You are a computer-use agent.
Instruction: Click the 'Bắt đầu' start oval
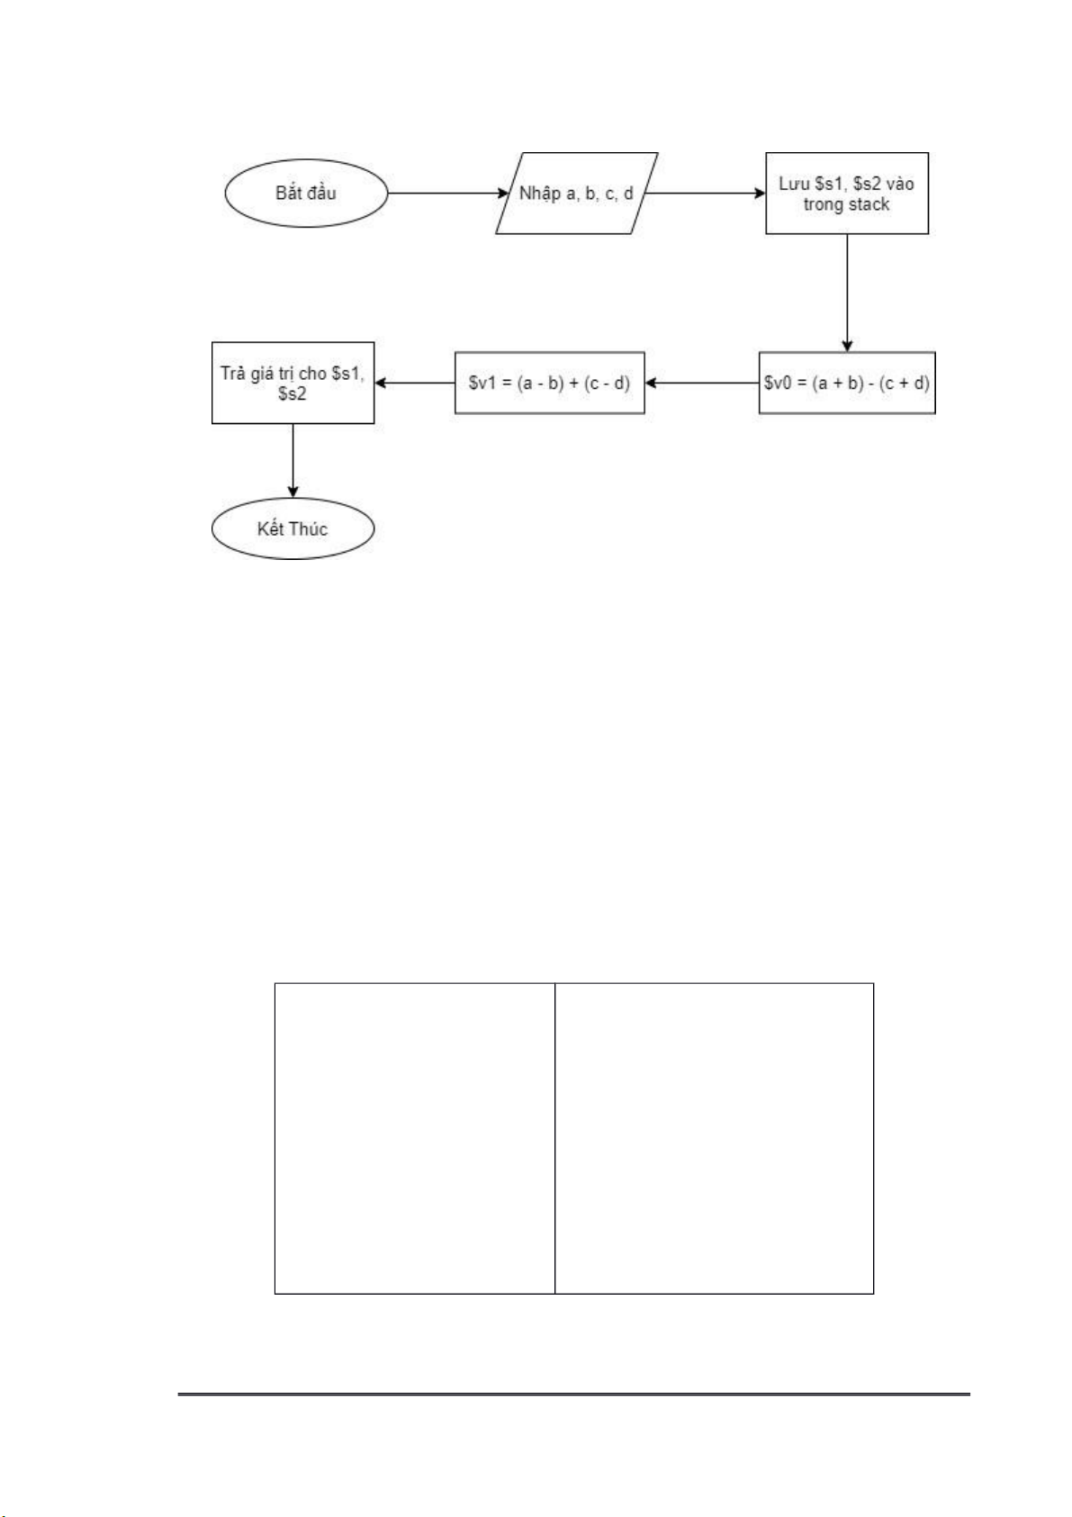pos(306,193)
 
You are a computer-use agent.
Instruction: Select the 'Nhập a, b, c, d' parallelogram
pos(576,193)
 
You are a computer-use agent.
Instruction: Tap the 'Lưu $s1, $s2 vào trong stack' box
pos(846,193)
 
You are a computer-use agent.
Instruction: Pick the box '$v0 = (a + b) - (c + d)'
pos(846,383)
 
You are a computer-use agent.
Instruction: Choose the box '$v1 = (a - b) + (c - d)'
pos(549,383)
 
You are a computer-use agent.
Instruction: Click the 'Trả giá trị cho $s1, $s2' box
pos(293,383)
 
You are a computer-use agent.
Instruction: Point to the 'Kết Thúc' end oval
pos(293,528)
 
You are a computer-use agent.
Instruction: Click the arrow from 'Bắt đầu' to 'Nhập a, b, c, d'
pos(447,193)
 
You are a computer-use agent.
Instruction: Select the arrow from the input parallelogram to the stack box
pos(704,193)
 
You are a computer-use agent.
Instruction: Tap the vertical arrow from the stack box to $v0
pos(846,293)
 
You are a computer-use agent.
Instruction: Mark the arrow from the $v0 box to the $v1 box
pos(701,383)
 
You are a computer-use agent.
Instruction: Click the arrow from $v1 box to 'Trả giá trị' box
pos(414,383)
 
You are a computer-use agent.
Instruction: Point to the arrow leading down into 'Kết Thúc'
pos(293,461)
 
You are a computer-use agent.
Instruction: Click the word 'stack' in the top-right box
pos(869,203)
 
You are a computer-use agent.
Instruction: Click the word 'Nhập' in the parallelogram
pos(540,194)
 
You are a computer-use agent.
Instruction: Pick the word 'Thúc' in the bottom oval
pos(311,528)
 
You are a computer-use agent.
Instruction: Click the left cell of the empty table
pos(414,1139)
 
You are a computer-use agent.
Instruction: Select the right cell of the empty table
pos(714,1139)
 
